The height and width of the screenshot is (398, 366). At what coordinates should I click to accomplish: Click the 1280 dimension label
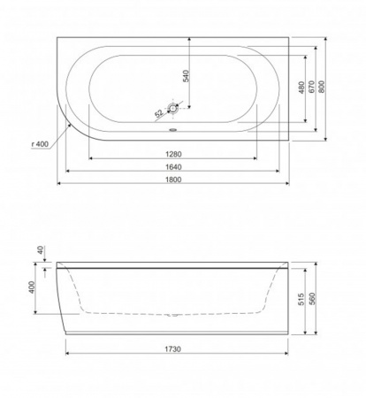point(173,154)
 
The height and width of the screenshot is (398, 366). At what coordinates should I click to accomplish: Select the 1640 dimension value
point(173,167)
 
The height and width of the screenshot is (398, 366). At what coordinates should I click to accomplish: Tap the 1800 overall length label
point(173,180)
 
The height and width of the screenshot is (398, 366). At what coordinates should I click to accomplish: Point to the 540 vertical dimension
point(187,76)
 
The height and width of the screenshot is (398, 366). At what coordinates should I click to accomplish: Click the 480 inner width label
point(301,88)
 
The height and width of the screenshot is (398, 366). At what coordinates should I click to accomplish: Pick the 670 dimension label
point(311,87)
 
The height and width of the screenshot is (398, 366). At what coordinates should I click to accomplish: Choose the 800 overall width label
point(322,87)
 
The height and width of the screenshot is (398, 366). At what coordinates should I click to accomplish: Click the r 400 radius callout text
point(40,144)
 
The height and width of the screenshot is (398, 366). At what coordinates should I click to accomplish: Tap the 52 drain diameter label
point(159,113)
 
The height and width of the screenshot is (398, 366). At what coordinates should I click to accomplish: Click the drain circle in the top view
point(172,108)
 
